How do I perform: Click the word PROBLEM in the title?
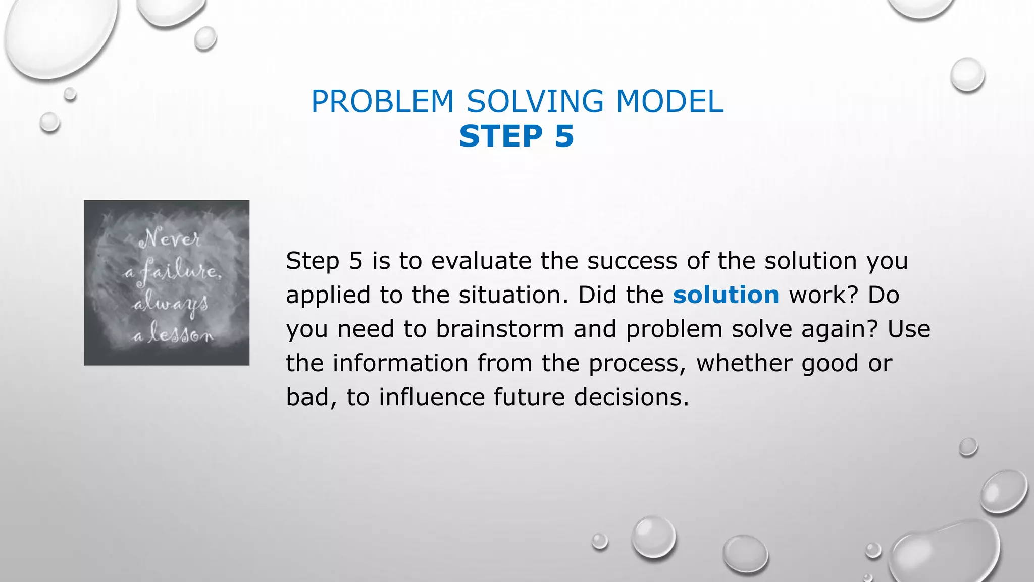click(383, 102)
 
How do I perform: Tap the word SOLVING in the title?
click(535, 102)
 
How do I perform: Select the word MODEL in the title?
click(669, 102)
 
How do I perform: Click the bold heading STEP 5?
click(516, 136)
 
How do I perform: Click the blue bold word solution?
click(726, 295)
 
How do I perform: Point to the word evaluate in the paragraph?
click(481, 261)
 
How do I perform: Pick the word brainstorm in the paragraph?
click(500, 329)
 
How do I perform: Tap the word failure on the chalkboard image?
click(179, 271)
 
